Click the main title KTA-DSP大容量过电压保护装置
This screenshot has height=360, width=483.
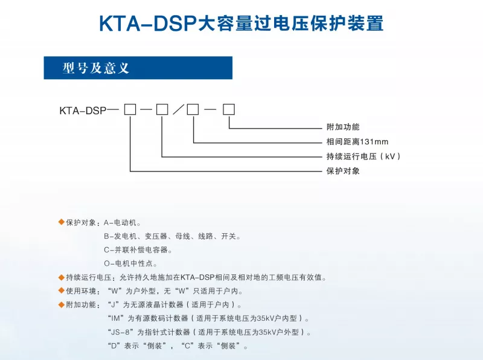click(x=241, y=24)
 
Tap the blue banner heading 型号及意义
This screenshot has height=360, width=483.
click(x=96, y=68)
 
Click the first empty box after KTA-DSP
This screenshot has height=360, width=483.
click(x=130, y=109)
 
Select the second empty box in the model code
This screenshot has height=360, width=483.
click(x=162, y=109)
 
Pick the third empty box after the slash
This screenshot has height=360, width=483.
click(x=193, y=109)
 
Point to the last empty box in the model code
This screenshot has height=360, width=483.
click(x=229, y=109)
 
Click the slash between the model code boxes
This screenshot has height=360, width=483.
click(x=178, y=109)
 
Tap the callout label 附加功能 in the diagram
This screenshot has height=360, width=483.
click(x=343, y=127)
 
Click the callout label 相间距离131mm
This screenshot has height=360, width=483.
click(x=357, y=141)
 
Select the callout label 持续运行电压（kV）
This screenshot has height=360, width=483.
click(x=363, y=156)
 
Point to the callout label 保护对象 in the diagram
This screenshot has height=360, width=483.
click(x=343, y=171)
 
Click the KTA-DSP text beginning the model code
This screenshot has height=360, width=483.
click(x=83, y=111)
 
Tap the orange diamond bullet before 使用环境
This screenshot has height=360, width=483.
click(x=62, y=291)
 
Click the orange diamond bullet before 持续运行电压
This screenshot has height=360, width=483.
click(x=62, y=277)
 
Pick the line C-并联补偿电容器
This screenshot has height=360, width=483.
click(x=138, y=249)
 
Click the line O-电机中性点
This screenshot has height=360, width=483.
click(x=130, y=263)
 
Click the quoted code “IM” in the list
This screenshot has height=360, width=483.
click(x=117, y=318)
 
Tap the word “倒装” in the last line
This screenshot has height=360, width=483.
click(x=155, y=346)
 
